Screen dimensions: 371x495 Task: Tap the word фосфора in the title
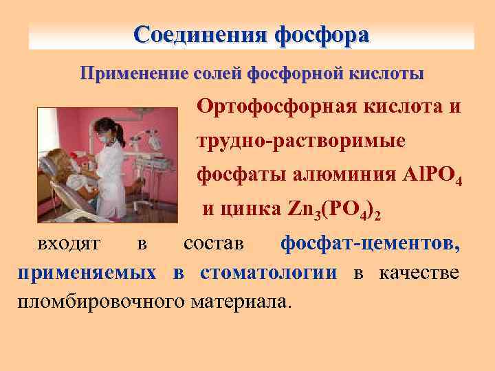click(322, 34)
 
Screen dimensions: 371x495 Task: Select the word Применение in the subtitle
click(126, 73)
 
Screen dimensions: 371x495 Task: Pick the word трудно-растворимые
click(301, 141)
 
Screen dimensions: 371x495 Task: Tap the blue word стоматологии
click(269, 272)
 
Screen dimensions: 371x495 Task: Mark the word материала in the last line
click(242, 301)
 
